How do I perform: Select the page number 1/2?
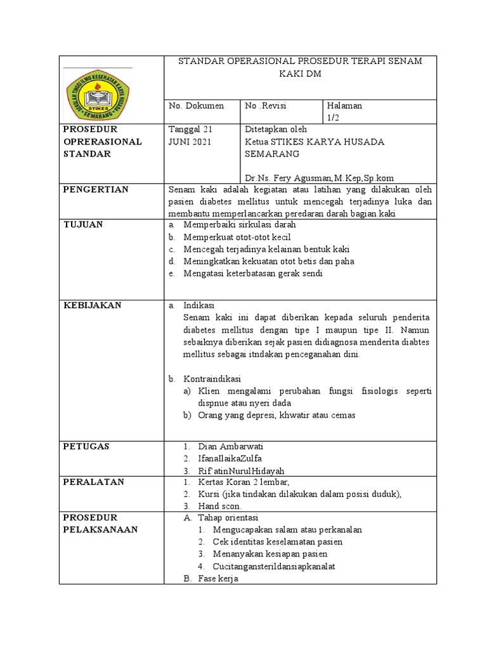point(334,117)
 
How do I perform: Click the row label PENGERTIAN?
point(96,190)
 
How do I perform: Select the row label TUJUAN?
point(84,224)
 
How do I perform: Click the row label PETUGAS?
point(87,446)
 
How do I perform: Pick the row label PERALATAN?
point(93,482)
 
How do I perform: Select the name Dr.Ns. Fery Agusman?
point(284,177)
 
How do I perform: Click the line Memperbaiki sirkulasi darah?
point(240,224)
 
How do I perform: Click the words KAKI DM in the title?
point(300,74)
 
